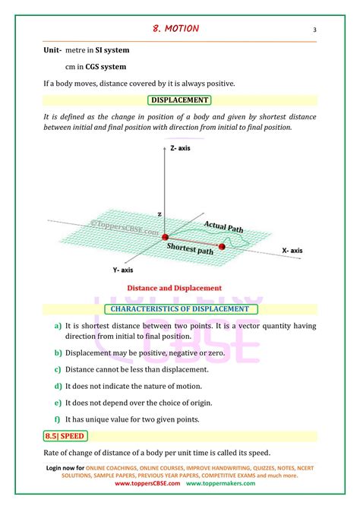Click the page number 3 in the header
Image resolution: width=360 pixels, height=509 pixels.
pyautogui.click(x=314, y=30)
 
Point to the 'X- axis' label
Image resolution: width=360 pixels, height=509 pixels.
pyautogui.click(x=292, y=250)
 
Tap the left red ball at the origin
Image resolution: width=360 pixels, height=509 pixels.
pyautogui.click(x=165, y=238)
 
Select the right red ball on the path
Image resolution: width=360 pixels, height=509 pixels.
pyautogui.click(x=223, y=246)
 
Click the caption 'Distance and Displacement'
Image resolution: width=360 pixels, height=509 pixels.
pyautogui.click(x=174, y=288)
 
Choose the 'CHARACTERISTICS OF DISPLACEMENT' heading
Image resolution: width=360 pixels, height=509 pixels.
pyautogui.click(x=179, y=308)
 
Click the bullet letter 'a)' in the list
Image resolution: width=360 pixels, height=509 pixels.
pyautogui.click(x=58, y=326)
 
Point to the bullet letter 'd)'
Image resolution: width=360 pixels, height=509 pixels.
pyautogui.click(x=58, y=386)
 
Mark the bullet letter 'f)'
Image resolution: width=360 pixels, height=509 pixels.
pyautogui.click(x=58, y=419)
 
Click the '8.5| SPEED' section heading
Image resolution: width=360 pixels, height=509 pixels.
pyautogui.click(x=66, y=436)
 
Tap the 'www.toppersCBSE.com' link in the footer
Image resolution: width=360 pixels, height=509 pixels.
pyautogui.click(x=147, y=482)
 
